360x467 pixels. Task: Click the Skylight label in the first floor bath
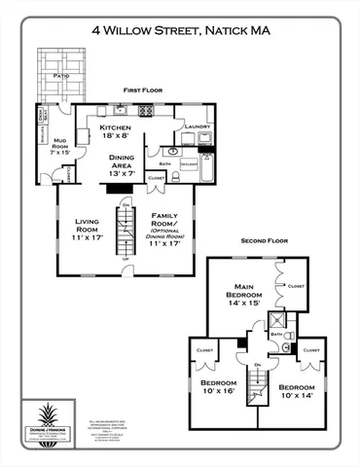[188, 165]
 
